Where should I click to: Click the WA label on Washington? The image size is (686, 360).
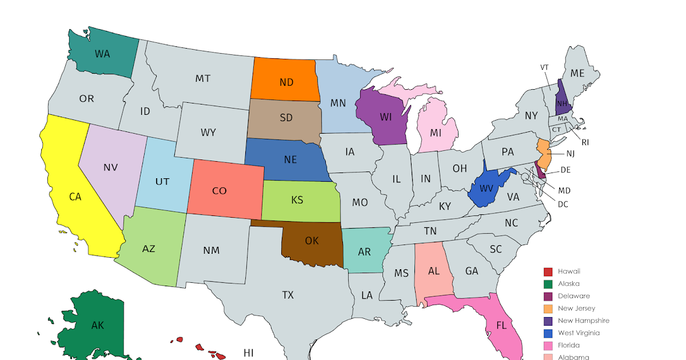click(102, 54)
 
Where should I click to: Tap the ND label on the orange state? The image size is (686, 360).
click(286, 82)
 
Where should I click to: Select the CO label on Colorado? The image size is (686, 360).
click(220, 191)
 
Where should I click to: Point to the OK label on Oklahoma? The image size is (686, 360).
click(312, 241)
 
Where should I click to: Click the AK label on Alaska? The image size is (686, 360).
click(97, 326)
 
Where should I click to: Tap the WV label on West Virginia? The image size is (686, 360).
click(486, 189)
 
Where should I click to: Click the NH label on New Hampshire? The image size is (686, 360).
click(562, 103)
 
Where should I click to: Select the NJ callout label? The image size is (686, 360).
click(571, 153)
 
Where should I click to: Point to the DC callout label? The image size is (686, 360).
click(563, 204)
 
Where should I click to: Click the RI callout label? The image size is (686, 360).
click(585, 142)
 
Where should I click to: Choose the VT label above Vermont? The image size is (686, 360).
click(544, 67)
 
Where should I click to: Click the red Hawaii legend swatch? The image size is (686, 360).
click(548, 271)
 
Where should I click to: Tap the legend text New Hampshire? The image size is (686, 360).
click(583, 321)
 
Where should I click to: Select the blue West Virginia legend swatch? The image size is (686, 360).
click(548, 333)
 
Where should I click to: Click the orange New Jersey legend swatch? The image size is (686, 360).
click(548, 309)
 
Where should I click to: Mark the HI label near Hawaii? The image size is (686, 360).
click(248, 353)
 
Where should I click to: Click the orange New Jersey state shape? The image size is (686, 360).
click(544, 153)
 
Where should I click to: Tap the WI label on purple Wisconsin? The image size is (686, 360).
click(385, 117)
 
